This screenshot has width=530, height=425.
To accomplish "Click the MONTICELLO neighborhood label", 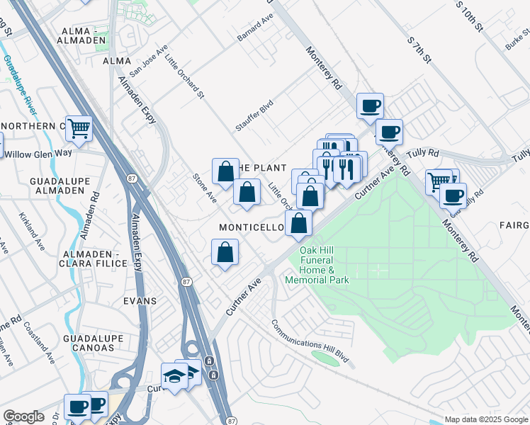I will tap(252, 227).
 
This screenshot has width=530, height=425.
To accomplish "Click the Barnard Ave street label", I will tap(255, 26).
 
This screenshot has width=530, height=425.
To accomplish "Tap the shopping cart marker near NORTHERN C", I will tap(79, 128).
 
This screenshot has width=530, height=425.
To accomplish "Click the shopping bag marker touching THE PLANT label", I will tap(225, 171).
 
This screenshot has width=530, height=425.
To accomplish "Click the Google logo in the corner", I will tap(23, 416).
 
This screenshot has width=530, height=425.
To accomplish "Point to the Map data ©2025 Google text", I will tap(485, 419).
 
